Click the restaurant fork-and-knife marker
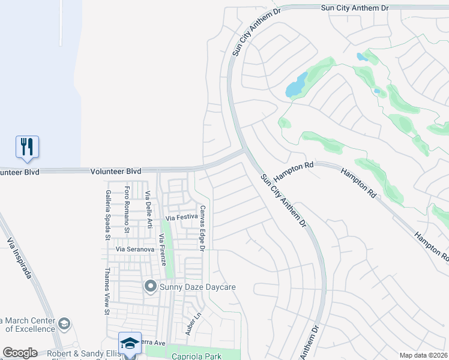click(x=27, y=146)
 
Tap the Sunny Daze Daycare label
click(x=197, y=287)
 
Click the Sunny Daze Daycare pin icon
click(x=150, y=287)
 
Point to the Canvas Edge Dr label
click(x=203, y=228)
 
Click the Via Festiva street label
click(x=181, y=218)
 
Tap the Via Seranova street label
click(x=135, y=249)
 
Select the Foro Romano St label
click(x=127, y=209)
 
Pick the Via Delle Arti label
click(x=148, y=211)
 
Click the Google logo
click(x=20, y=353)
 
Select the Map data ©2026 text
click(x=423, y=355)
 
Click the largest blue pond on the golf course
click(x=297, y=85)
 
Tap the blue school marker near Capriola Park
click(x=130, y=343)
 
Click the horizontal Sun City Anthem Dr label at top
click(x=355, y=8)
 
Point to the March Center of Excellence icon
click(x=64, y=325)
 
